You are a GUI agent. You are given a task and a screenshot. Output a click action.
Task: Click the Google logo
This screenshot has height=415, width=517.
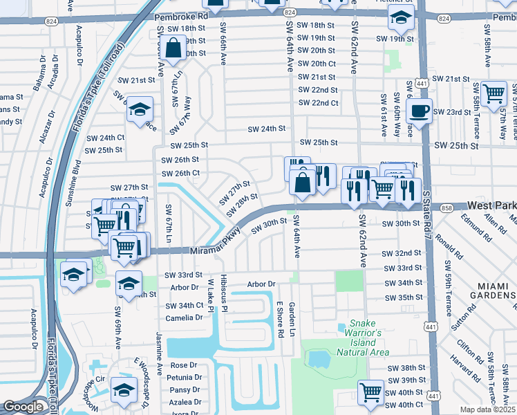pos(23,407)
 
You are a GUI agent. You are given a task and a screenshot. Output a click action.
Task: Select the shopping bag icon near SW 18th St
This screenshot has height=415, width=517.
pos(173,48)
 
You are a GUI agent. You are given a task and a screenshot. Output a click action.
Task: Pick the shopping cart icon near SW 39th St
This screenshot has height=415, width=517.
pos(370,391)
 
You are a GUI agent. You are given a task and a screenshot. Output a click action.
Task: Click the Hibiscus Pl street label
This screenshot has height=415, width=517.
pos(223,294)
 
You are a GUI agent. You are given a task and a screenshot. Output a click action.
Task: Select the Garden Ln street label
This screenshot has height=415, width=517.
pos(292,320)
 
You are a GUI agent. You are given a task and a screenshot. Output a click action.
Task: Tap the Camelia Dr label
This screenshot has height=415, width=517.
pos(184,318)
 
